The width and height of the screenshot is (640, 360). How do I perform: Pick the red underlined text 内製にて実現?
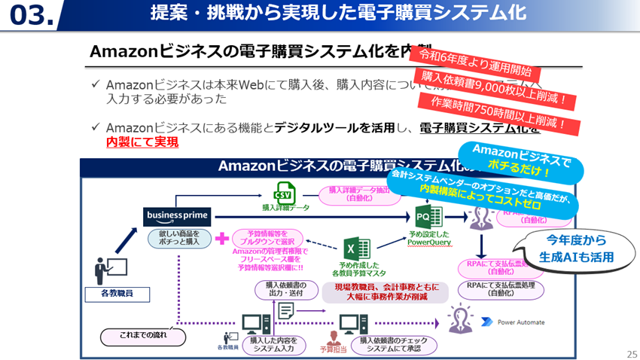coord(142,142)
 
